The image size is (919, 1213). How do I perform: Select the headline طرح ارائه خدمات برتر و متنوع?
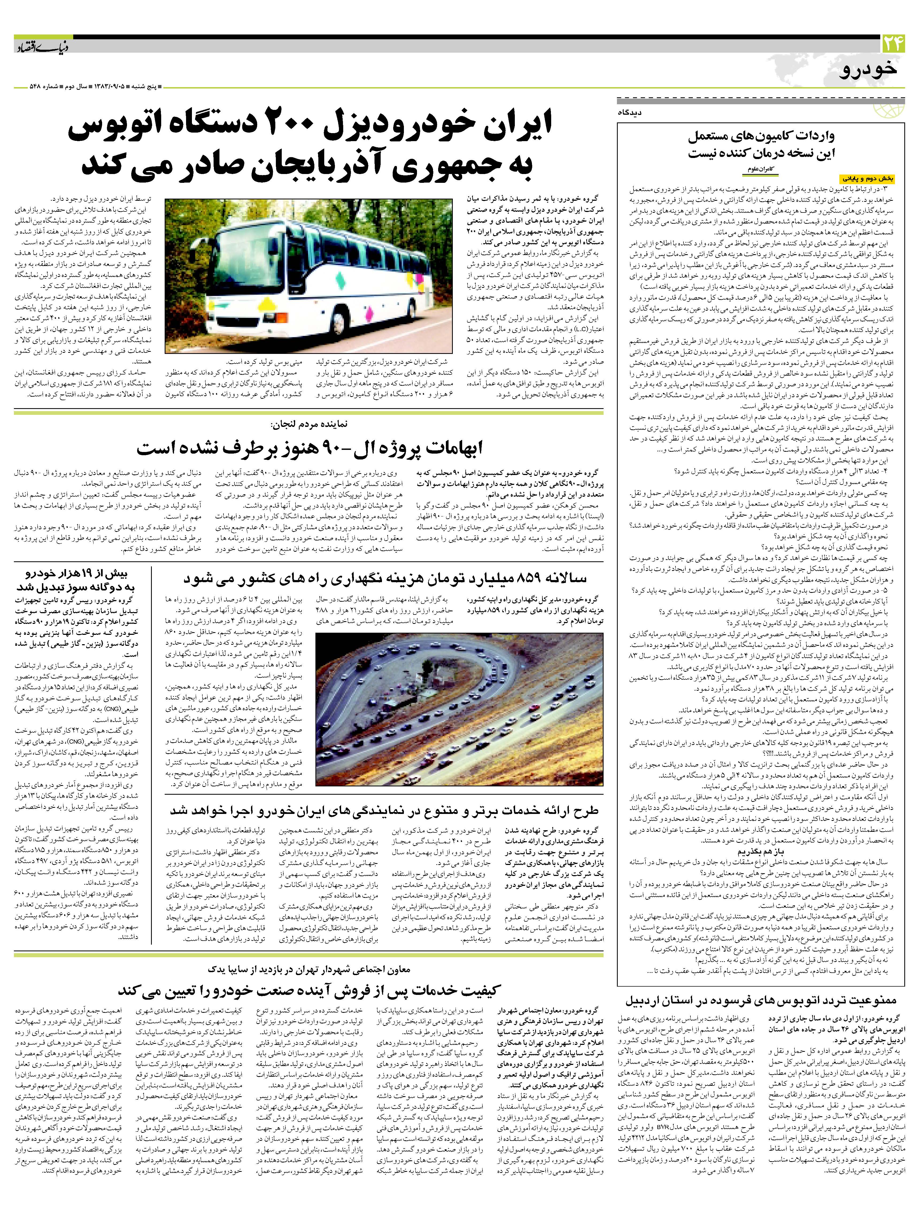click(384, 810)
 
